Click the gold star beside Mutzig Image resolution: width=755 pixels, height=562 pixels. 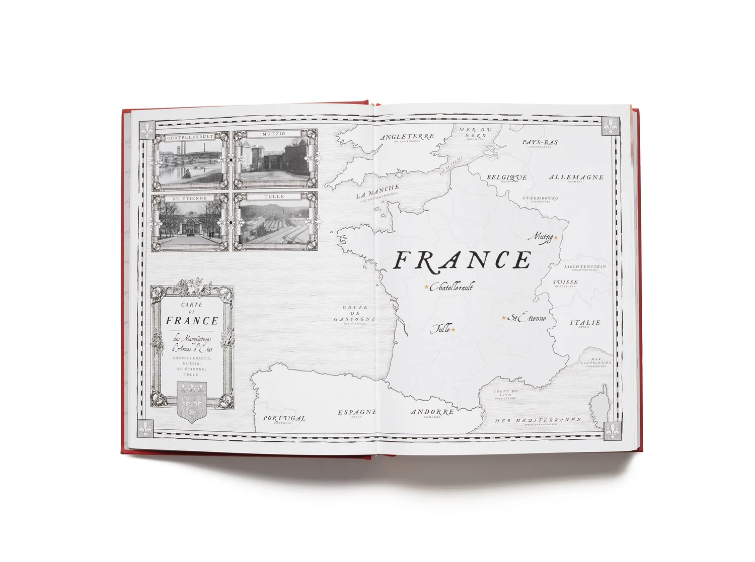pyautogui.click(x=556, y=237)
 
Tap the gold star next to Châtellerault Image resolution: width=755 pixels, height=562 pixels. pyautogui.click(x=426, y=287)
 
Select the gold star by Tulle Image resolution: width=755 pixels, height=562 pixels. pyautogui.click(x=453, y=330)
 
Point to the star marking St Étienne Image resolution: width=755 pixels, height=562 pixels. pyautogui.click(x=503, y=318)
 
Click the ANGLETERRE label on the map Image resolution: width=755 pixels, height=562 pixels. pyautogui.click(x=407, y=137)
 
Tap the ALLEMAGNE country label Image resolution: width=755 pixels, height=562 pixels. pyautogui.click(x=576, y=177)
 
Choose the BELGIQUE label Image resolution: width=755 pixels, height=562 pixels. pyautogui.click(x=506, y=177)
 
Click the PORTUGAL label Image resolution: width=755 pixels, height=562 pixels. pyautogui.click(x=284, y=418)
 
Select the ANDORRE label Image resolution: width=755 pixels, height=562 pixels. pyautogui.click(x=432, y=412)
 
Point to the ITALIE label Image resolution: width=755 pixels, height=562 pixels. pyautogui.click(x=585, y=323)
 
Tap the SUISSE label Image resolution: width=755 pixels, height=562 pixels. pyautogui.click(x=565, y=283)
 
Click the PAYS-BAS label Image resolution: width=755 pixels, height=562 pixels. pyautogui.click(x=540, y=142)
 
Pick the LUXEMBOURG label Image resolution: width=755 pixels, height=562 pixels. pyautogui.click(x=540, y=198)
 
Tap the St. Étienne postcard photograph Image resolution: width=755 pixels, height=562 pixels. pyautogui.click(x=190, y=223)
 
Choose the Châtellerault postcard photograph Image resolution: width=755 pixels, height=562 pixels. pyautogui.click(x=190, y=161)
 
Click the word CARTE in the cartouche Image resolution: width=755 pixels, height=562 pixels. pyautogui.click(x=192, y=305)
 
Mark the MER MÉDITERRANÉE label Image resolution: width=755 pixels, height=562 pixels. pyautogui.click(x=538, y=420)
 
